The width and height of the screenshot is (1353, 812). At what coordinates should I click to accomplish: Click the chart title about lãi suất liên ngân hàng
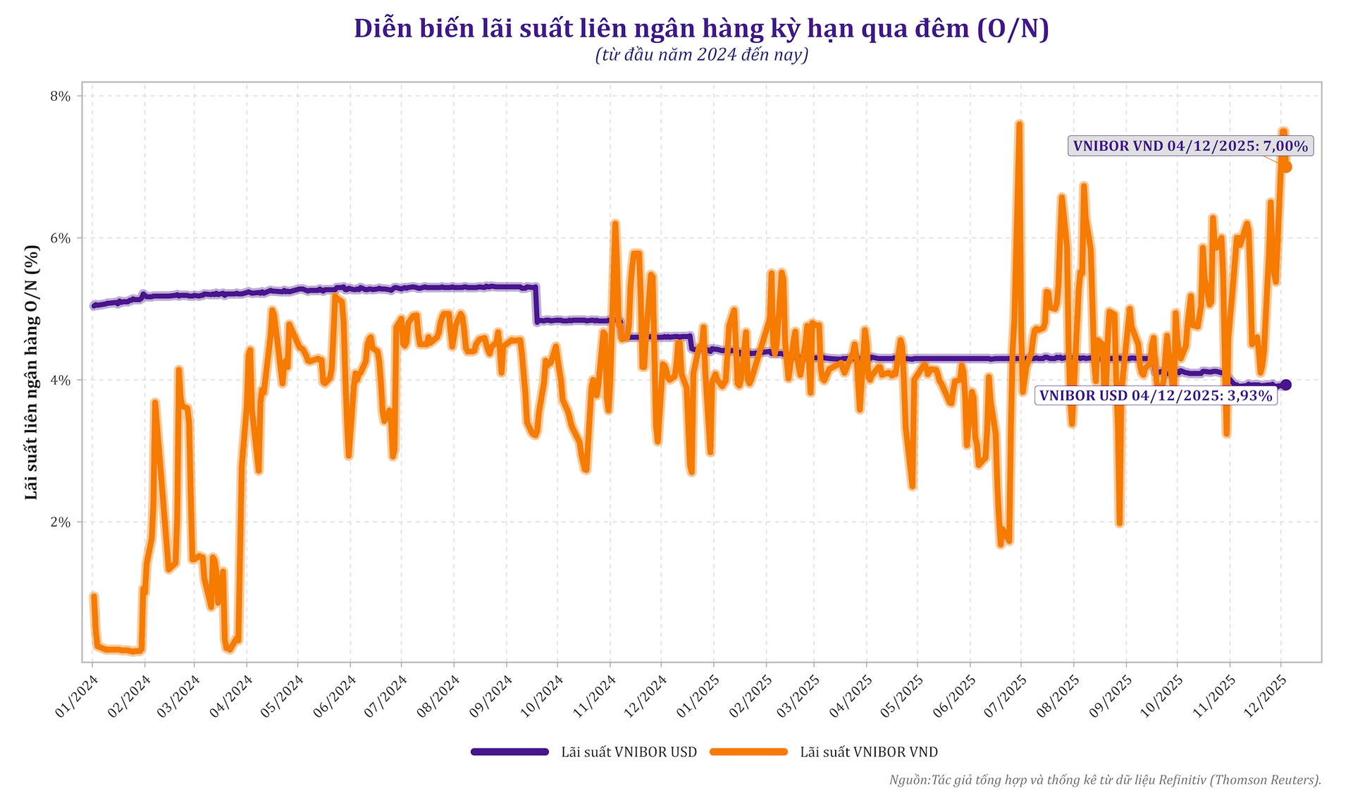click(x=701, y=29)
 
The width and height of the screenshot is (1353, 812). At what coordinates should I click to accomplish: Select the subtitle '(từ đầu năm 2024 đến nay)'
click(x=701, y=55)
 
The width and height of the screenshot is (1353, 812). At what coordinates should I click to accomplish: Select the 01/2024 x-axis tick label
click(x=77, y=696)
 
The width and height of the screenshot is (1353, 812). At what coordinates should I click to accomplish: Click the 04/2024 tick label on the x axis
click(x=233, y=696)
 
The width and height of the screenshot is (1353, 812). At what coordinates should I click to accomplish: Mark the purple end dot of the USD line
click(x=1285, y=385)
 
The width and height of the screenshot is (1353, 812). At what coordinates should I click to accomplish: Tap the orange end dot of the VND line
click(x=1286, y=167)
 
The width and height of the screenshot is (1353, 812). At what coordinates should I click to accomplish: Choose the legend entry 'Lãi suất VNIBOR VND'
click(x=824, y=752)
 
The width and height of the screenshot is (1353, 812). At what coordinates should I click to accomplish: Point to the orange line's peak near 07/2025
click(x=1019, y=125)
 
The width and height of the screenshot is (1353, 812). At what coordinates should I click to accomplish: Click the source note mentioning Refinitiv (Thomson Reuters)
click(x=1104, y=780)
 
